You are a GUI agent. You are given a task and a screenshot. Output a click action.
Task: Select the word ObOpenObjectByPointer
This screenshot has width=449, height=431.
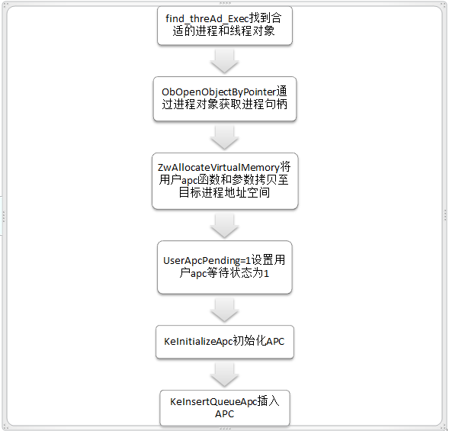219,92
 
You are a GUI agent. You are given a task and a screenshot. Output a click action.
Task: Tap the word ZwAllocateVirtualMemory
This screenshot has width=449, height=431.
219,167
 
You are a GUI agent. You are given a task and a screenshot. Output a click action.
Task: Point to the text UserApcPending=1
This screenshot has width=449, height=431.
207,260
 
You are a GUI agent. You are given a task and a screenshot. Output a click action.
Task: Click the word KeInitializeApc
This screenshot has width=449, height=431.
198,341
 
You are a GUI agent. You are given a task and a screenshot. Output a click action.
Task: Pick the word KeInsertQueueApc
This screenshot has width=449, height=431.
213,402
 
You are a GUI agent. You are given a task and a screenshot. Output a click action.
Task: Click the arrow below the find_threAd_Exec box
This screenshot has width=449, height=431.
224,61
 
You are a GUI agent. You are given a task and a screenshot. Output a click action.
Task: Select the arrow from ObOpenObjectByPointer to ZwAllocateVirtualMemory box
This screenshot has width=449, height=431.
224,137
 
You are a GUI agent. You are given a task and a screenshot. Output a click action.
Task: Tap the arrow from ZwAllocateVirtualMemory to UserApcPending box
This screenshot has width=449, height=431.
224,226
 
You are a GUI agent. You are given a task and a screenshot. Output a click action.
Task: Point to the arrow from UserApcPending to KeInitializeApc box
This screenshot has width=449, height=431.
224,310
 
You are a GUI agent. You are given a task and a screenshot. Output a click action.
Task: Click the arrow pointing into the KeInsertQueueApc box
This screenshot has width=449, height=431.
224,375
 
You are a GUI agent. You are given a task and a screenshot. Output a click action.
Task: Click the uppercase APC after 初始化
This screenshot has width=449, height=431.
275,341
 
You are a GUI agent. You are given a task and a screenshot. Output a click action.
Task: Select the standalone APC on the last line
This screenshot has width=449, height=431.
224,413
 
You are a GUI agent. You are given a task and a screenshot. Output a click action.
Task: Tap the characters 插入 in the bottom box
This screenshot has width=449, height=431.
268,401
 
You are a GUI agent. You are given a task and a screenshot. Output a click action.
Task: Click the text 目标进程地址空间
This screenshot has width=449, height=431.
224,192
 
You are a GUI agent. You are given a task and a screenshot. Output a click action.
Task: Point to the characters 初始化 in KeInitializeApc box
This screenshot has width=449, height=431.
249,341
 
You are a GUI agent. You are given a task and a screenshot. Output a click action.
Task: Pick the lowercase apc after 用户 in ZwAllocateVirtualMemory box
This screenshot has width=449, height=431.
190,180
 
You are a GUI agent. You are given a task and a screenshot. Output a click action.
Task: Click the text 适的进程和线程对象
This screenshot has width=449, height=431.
223,31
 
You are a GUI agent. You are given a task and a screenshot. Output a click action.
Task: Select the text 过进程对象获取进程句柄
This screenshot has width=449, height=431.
224,104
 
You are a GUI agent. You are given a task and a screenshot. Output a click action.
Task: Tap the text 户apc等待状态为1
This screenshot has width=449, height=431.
224,273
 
